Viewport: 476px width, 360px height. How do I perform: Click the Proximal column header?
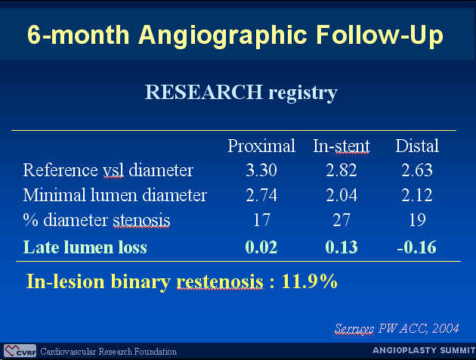261,146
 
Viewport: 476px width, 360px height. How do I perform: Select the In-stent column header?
342,146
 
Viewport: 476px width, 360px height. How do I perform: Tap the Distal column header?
417,146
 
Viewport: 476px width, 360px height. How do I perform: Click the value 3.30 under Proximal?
261,170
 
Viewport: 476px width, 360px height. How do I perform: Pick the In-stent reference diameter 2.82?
342,170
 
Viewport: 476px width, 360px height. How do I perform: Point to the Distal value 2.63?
417,170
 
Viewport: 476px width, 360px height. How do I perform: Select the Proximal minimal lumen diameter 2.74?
261,195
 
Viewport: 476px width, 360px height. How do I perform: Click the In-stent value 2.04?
342,195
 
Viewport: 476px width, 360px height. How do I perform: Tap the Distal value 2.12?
417,195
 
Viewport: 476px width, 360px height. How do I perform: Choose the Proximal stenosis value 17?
261,220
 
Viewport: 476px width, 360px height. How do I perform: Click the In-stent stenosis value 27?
342,220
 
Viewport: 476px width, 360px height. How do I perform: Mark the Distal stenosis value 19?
417,220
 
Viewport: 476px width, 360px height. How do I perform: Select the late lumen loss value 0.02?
261,247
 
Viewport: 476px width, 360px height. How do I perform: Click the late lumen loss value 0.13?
342,247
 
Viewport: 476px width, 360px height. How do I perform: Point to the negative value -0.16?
417,247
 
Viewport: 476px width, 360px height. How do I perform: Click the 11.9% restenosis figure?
309,281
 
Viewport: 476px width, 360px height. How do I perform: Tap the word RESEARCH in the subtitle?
204,92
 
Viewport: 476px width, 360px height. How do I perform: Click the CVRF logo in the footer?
20,351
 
